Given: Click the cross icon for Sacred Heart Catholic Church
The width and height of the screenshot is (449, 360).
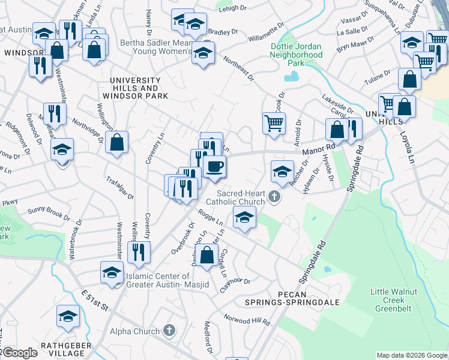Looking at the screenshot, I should (274, 196).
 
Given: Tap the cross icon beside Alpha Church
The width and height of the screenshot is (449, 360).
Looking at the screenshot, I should (170, 331).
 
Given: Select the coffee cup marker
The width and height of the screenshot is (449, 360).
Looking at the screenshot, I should (214, 166).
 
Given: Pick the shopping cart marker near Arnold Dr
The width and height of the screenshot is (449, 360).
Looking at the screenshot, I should (274, 123).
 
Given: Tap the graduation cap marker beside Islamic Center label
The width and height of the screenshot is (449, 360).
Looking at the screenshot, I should (112, 272).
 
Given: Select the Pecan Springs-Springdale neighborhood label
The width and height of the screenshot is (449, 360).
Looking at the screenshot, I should (301, 298).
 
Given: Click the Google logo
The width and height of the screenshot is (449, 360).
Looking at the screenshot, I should (19, 353).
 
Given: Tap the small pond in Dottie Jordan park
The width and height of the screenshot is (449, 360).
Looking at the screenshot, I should (292, 76).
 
